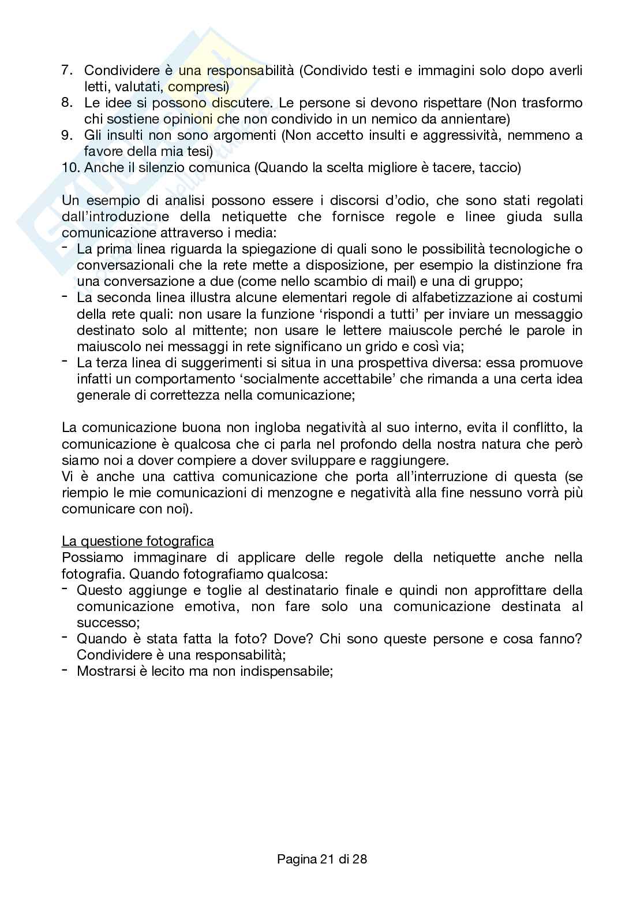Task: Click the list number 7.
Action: (67, 70)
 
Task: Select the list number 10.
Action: (70, 168)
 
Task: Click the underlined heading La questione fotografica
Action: (137, 541)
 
